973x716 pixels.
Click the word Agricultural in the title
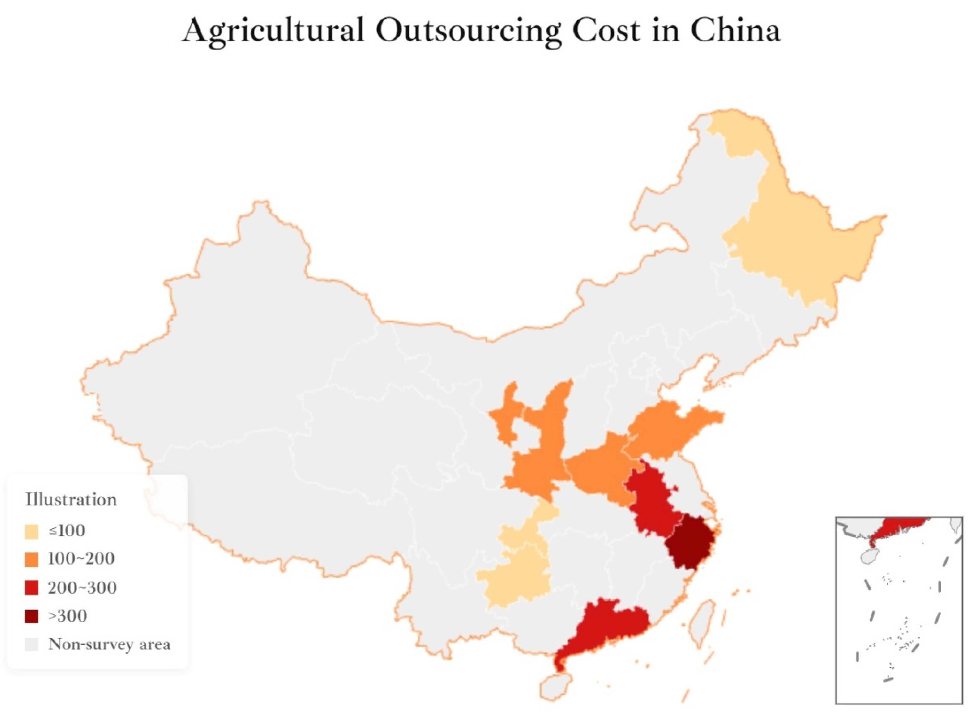coord(273,31)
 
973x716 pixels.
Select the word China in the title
coord(735,31)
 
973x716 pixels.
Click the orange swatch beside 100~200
coord(32,559)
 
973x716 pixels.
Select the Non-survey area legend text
coord(109,645)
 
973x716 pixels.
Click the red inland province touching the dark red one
coord(651,503)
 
